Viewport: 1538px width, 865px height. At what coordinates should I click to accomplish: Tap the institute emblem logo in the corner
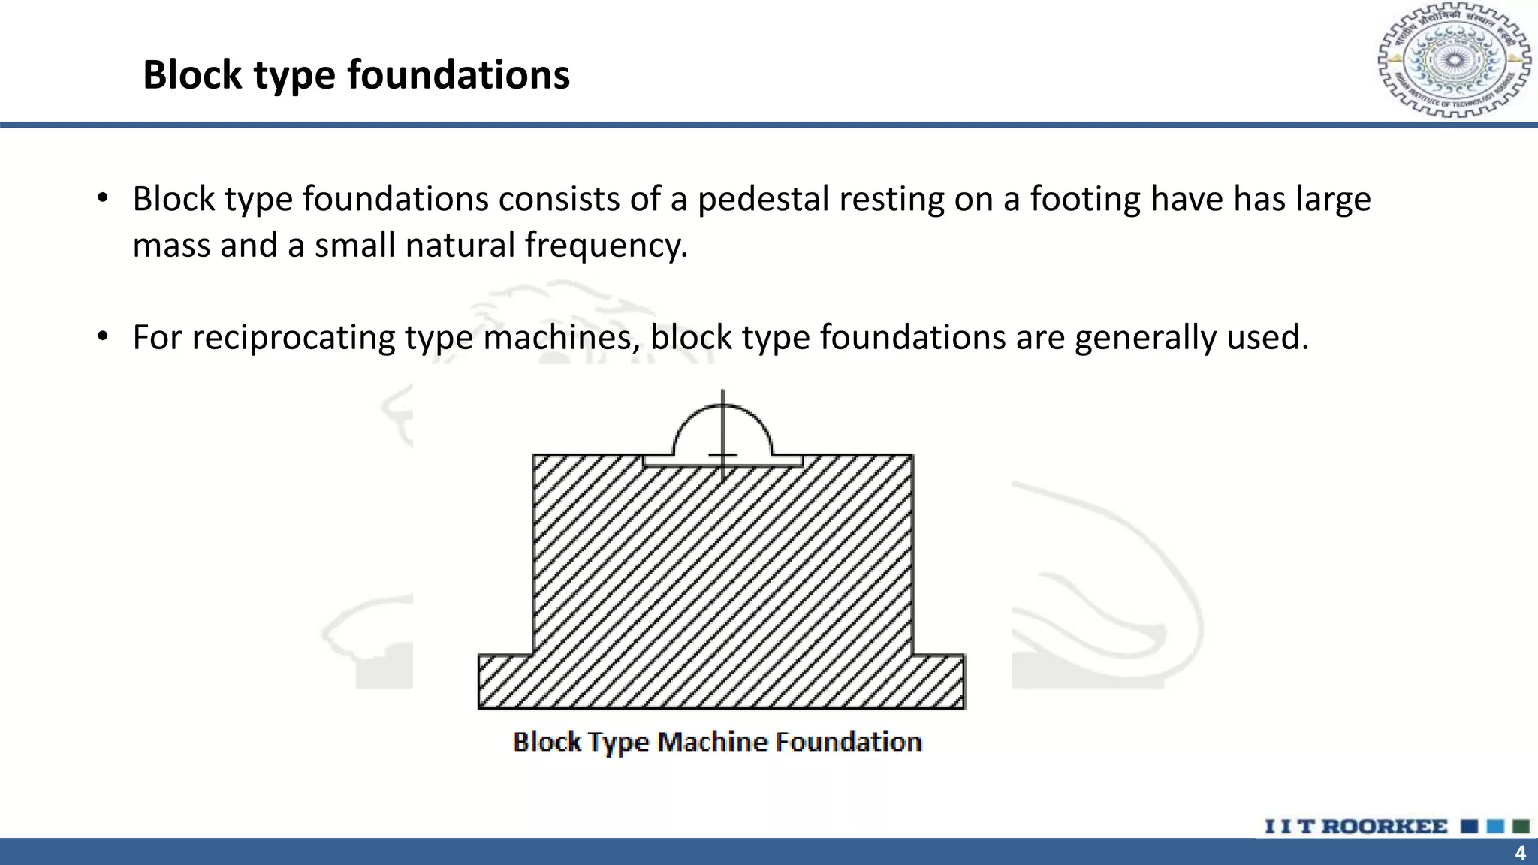click(x=1454, y=60)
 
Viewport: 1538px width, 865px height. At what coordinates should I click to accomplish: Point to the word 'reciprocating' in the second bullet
click(x=293, y=338)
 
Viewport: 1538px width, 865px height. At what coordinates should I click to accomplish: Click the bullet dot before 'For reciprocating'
click(x=104, y=336)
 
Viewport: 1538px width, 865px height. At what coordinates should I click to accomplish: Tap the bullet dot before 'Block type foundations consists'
click(x=104, y=199)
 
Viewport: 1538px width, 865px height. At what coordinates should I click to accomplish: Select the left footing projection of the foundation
click(x=505, y=681)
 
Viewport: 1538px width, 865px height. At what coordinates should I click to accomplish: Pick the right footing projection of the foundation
click(x=939, y=681)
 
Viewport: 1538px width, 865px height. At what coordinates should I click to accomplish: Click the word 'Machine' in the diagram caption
click(x=711, y=742)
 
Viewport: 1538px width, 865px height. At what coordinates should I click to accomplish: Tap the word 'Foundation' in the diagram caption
click(x=848, y=742)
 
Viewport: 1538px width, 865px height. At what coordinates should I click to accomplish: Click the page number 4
click(x=1520, y=854)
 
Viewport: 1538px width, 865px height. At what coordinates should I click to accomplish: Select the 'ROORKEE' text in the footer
click(x=1384, y=827)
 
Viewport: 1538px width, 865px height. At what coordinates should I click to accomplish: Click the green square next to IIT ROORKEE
click(x=1521, y=827)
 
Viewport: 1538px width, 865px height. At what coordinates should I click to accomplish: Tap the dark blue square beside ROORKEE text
click(x=1470, y=827)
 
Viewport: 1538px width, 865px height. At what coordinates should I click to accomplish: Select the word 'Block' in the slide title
click(x=192, y=75)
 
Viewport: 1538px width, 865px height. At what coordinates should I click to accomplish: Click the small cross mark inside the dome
click(x=722, y=454)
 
